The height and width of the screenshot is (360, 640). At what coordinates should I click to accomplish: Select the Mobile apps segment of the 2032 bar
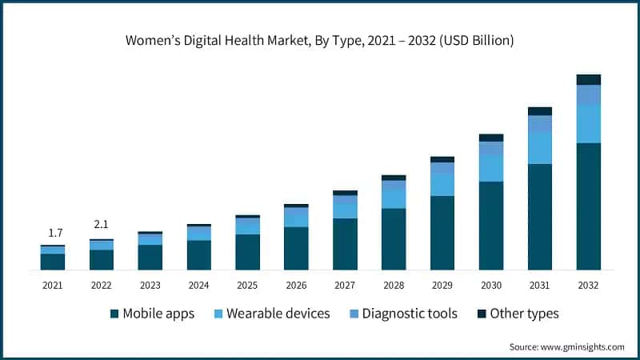click(588, 206)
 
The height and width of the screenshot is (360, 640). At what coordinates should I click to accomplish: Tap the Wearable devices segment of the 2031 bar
click(540, 148)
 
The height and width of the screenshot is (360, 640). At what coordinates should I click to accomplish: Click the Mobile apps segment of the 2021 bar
click(53, 262)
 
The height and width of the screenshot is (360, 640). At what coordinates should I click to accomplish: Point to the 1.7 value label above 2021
click(55, 233)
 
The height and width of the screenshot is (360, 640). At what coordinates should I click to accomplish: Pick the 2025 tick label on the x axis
click(247, 284)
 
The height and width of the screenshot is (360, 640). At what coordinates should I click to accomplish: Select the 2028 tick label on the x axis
click(394, 284)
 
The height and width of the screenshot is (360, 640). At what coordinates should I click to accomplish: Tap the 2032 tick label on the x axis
click(588, 284)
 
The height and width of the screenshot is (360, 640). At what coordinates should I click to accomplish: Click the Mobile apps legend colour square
click(114, 314)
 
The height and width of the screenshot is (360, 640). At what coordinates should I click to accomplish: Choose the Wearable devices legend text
click(278, 314)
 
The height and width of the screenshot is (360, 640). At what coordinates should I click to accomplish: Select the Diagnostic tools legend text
click(410, 314)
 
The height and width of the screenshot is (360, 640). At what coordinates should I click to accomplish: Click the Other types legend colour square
click(481, 314)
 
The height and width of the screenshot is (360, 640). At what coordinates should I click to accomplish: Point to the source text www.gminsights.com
click(567, 346)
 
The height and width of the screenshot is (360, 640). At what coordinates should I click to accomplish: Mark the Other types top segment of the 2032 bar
click(588, 79)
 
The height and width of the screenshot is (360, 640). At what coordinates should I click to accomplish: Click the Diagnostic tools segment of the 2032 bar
click(588, 94)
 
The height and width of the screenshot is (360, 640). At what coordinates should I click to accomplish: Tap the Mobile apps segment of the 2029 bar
click(442, 232)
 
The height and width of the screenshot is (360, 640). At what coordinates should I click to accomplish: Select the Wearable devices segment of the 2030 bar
click(491, 168)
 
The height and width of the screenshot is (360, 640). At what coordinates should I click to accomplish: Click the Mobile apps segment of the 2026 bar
click(296, 248)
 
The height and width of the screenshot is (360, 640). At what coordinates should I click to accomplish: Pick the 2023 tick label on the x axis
click(150, 284)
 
